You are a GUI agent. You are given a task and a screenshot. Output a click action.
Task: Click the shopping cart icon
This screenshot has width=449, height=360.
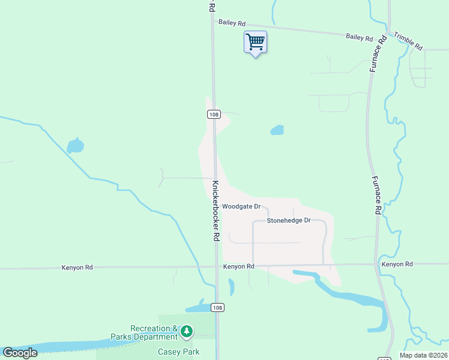pyautogui.click(x=255, y=43)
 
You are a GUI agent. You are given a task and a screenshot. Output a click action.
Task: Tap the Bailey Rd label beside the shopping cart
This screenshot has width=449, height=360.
pyautogui.click(x=232, y=23)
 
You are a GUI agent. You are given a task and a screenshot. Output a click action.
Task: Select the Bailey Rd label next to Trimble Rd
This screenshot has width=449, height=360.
pyautogui.click(x=360, y=37)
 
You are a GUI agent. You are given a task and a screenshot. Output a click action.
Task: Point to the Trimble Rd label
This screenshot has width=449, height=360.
pyautogui.click(x=409, y=41)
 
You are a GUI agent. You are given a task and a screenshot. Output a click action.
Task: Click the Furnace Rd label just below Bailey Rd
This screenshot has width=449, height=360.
pyautogui.click(x=375, y=58)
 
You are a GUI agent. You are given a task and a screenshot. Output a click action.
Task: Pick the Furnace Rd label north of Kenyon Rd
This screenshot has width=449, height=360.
pyautogui.click(x=376, y=195)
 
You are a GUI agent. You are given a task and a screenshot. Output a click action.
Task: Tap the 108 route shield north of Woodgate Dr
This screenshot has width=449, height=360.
pyautogui.click(x=214, y=114)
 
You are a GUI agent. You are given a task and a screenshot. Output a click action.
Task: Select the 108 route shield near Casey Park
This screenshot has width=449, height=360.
pyautogui.click(x=217, y=308)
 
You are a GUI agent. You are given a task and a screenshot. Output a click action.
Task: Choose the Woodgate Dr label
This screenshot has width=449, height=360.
pyautogui.click(x=241, y=206)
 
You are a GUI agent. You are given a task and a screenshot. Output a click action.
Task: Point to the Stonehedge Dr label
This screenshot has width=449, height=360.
pyautogui.click(x=288, y=220)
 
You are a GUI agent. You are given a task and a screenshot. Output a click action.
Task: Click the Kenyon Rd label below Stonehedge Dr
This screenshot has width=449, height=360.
pyautogui.click(x=239, y=266)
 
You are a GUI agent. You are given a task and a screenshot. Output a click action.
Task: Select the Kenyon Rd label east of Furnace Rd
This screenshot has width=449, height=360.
pyautogui.click(x=397, y=264)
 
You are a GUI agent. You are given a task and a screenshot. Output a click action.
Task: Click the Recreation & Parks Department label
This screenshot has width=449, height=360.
pyautogui.click(x=154, y=332)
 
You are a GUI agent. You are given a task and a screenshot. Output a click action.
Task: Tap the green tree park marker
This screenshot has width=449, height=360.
pyautogui.click(x=187, y=331)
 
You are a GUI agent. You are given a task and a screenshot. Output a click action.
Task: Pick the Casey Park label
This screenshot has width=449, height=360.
pyautogui.click(x=178, y=352)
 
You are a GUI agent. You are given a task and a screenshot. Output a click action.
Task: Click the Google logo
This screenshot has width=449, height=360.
pyautogui.click(x=20, y=353)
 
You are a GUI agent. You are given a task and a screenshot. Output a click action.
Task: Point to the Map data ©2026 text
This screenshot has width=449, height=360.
pyautogui.click(x=423, y=355)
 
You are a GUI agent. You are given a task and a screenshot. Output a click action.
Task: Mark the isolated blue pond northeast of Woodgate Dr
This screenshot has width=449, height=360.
pyautogui.click(x=277, y=130)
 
